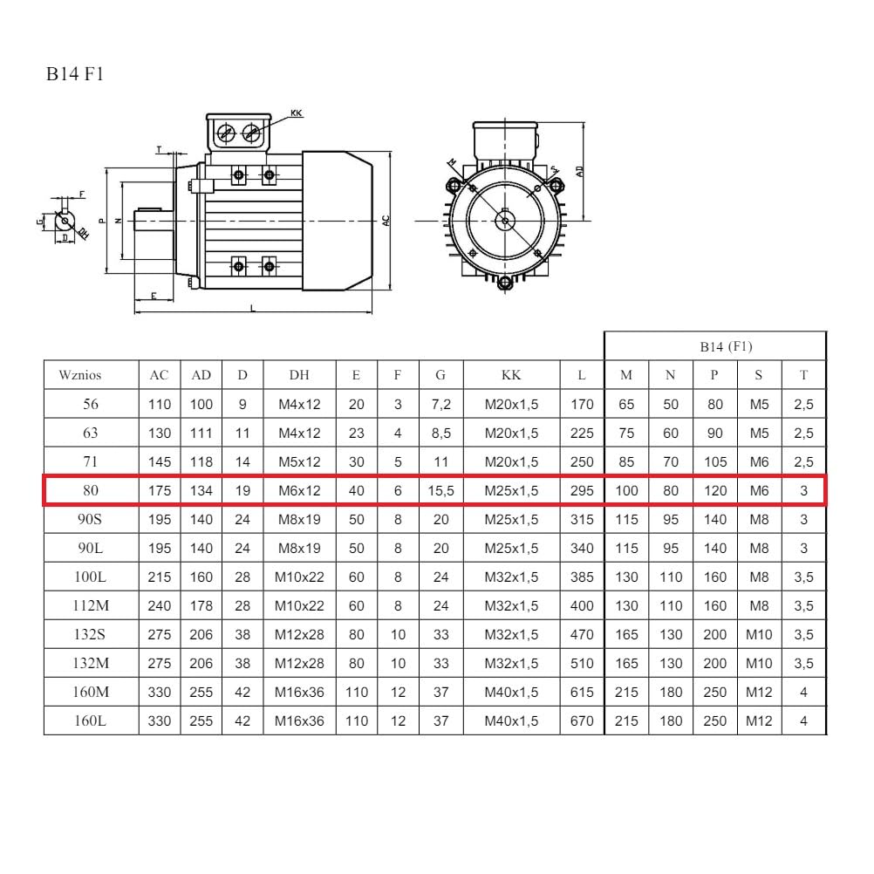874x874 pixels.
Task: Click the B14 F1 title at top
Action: point(75,74)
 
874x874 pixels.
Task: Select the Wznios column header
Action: point(80,375)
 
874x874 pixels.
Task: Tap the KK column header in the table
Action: point(511,375)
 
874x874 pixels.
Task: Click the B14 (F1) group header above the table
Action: point(726,346)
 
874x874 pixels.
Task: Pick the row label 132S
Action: point(91,635)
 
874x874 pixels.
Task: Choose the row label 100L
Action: point(91,577)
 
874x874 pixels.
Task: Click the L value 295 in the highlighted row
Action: point(582,491)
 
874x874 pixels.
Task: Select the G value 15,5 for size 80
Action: point(440,491)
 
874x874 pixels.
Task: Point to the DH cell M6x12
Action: point(299,491)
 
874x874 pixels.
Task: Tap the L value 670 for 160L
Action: point(582,721)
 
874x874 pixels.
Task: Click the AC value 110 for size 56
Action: point(159,405)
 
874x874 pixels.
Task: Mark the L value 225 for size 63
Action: point(582,434)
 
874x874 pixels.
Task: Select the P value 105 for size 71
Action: point(714,462)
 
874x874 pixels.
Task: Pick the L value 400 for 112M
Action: point(582,606)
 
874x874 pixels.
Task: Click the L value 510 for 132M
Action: point(582,664)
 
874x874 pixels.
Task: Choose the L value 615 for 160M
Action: point(582,693)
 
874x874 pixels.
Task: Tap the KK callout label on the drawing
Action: point(296,113)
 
